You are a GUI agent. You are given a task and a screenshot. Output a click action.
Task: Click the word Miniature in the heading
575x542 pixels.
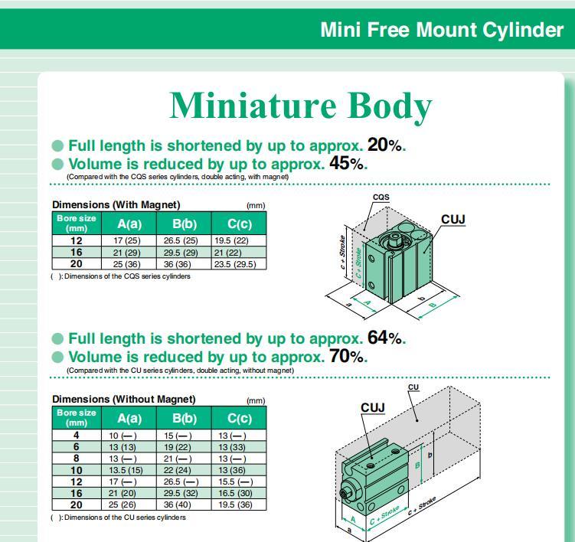tap(253, 105)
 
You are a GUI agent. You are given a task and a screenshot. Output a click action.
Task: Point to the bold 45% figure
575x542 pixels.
tap(348, 163)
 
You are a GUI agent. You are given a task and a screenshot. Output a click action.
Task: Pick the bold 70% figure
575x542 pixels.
tap(348, 356)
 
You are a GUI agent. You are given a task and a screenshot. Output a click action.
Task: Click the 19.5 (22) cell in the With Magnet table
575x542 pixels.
tap(231, 240)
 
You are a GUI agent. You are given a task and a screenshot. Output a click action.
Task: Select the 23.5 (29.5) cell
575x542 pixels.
tap(235, 264)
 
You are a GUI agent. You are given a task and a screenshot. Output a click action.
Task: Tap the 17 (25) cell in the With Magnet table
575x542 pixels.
tap(127, 240)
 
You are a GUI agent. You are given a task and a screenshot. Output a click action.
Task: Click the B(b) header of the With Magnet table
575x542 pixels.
tap(185, 224)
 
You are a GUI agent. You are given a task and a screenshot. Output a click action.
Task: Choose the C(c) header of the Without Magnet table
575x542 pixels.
tap(240, 419)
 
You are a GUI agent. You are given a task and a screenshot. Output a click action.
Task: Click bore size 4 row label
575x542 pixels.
tap(77, 436)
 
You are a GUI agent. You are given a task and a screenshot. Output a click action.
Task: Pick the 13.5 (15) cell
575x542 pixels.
tap(126, 470)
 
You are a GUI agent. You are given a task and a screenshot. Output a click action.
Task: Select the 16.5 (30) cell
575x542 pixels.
tap(235, 493)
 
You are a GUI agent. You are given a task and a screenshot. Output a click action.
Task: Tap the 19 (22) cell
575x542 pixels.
tap(178, 447)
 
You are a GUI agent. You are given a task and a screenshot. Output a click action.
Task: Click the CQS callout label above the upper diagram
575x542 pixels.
tap(381, 197)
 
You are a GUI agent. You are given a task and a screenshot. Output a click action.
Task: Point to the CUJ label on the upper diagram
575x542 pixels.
tap(453, 219)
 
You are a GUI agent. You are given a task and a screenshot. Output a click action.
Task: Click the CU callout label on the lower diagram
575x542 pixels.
tap(413, 387)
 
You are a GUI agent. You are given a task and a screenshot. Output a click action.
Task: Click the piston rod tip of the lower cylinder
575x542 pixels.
tap(343, 493)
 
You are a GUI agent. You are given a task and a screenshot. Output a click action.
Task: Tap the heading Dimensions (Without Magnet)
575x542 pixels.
tap(124, 399)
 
